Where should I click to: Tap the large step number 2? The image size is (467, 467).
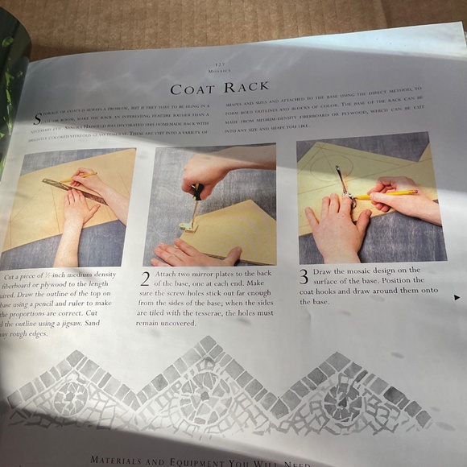click(145, 279)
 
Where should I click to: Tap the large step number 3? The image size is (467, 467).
click(304, 276)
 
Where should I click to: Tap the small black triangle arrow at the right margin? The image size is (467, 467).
click(457, 297)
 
